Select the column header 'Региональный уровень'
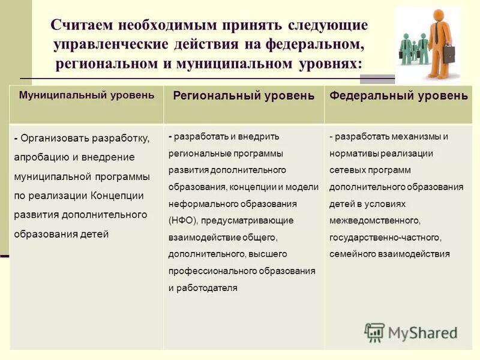[244, 96]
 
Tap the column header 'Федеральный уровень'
[399, 96]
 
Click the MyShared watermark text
[422, 332]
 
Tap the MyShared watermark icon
[374, 332]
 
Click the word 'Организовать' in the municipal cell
[55, 139]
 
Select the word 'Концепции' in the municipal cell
[118, 196]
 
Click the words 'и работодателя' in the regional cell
[203, 287]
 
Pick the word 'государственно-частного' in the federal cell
[384, 237]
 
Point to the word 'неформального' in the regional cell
[200, 203]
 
